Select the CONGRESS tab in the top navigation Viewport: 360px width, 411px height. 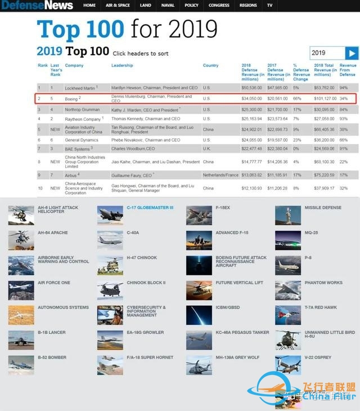tap(219, 5)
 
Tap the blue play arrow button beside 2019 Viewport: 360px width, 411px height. tap(352, 53)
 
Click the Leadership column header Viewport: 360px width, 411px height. tap(122, 65)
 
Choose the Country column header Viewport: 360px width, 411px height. tap(210, 65)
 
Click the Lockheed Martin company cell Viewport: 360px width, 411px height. tap(80, 88)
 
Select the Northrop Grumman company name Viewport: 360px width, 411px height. tap(83, 109)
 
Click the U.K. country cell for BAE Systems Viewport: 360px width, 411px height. tap(207, 149)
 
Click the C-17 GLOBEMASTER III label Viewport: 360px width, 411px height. tap(150, 207)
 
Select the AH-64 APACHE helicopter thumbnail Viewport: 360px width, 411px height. tap(21, 240)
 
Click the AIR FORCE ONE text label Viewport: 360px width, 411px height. tap(54, 283)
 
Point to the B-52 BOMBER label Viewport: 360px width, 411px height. tap(52, 357)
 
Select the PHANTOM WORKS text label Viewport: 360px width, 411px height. tap(323, 283)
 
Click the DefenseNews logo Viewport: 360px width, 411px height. tap(37, 6)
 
